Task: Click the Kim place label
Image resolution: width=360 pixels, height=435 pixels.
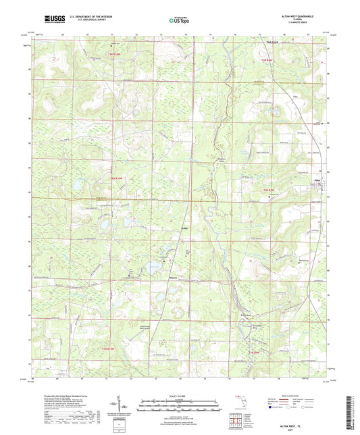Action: coord(276,96)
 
